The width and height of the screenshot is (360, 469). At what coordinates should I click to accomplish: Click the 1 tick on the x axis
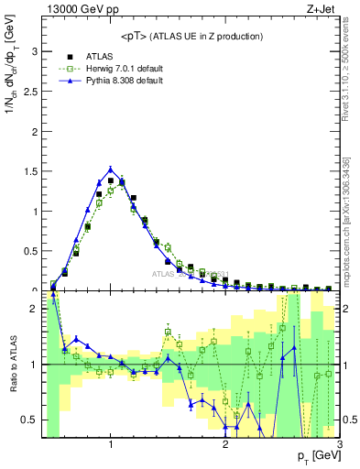(111, 444)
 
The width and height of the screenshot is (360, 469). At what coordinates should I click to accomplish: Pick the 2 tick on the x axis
(225, 444)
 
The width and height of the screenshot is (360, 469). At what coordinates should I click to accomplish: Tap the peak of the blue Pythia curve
(111, 169)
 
